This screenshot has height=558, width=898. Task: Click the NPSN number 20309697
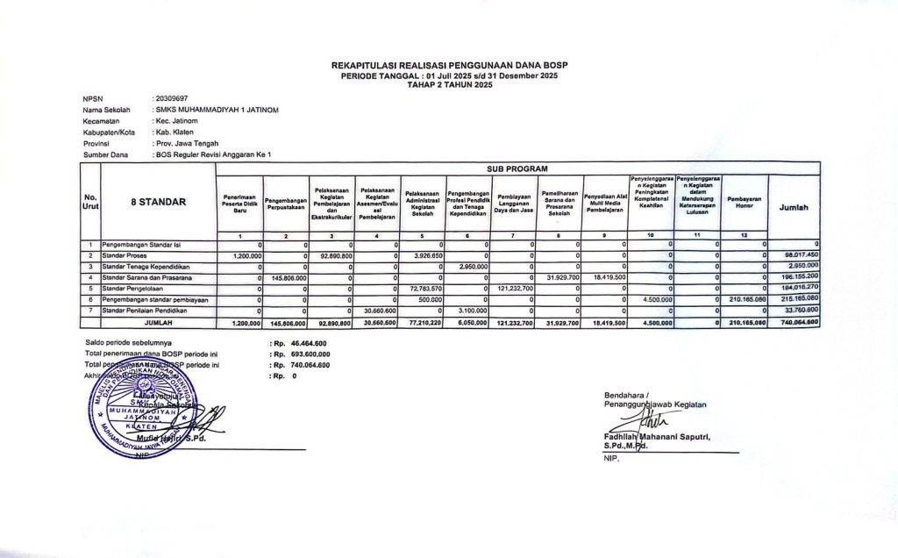pos(170,98)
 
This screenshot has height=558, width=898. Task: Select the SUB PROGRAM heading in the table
pos(517,168)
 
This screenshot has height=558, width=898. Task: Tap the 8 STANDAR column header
pos(158,202)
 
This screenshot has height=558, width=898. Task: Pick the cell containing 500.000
pos(428,299)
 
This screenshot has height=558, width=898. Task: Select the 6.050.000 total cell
pos(472,323)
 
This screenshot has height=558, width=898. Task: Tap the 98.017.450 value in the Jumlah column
pos(797,254)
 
